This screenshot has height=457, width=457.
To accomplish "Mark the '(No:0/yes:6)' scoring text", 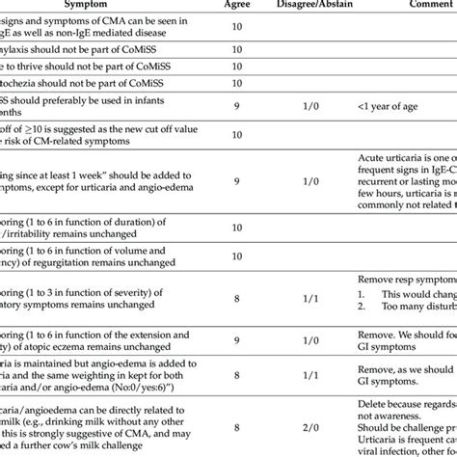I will (146, 391).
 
